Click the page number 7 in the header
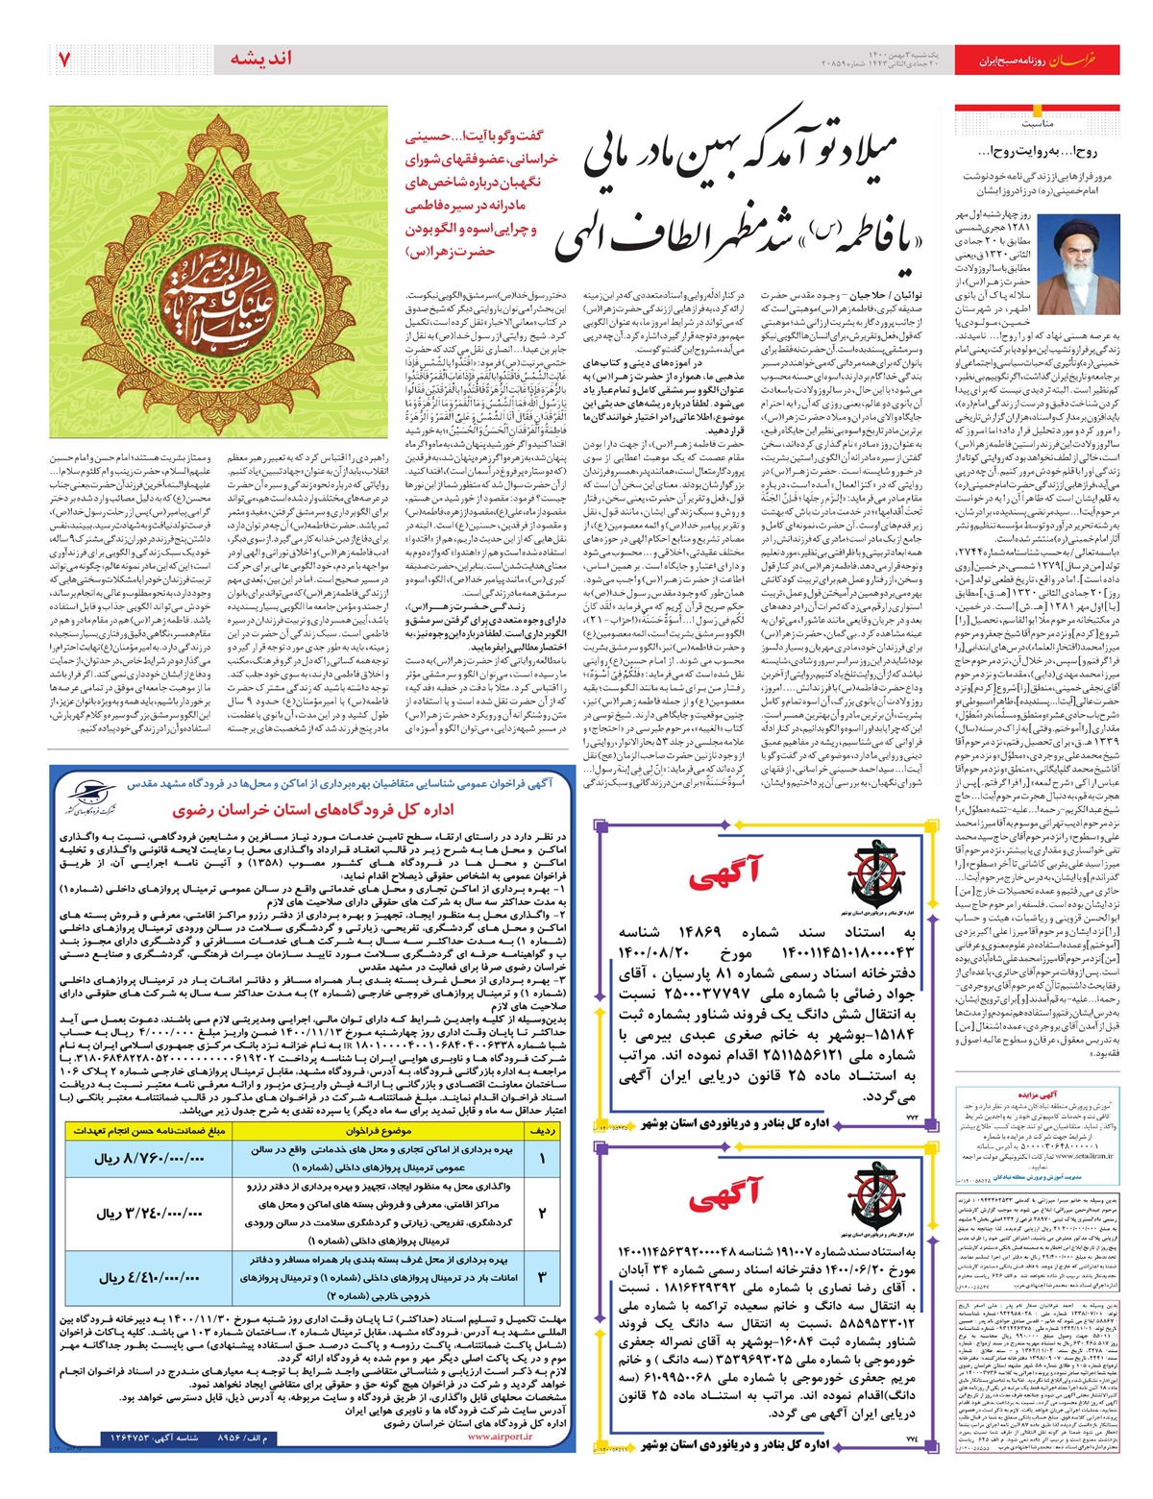click(x=64, y=59)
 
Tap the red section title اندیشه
click(x=261, y=59)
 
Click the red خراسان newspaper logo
click(x=1091, y=60)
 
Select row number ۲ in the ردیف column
click(x=541, y=1214)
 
